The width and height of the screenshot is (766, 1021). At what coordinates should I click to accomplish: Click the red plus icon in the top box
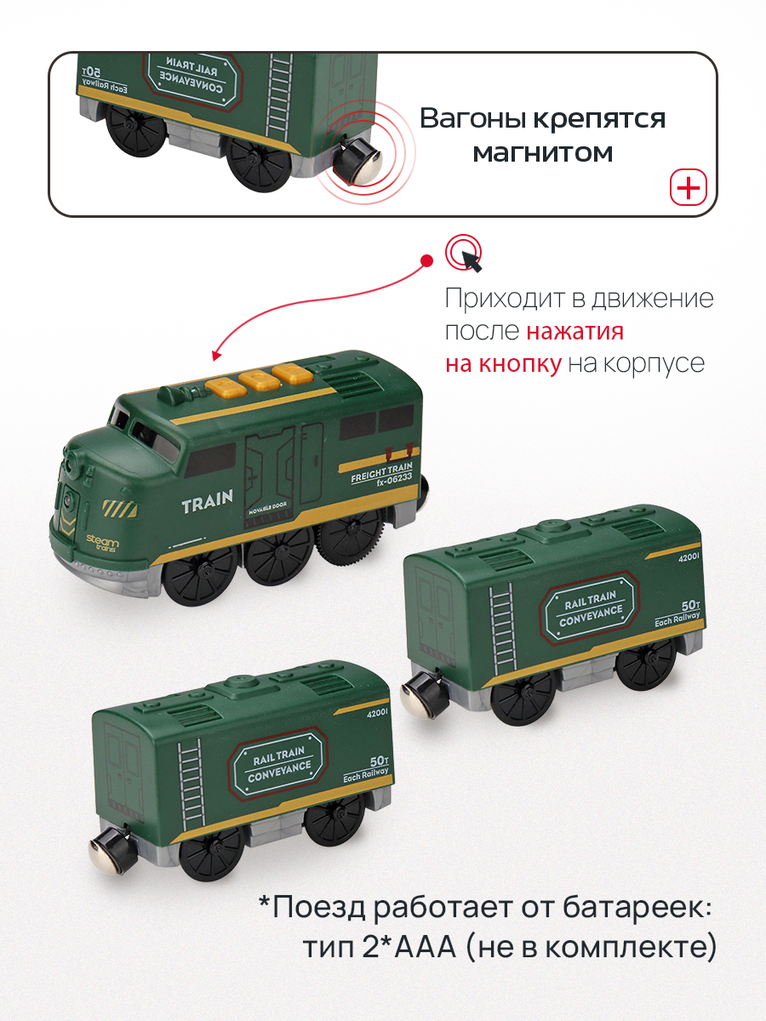(689, 187)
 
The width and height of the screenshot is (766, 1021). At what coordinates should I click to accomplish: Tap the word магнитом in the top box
(542, 153)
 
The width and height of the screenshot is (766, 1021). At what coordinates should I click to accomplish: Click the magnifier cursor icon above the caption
(465, 253)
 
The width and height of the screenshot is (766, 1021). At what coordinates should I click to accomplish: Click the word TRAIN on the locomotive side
(207, 502)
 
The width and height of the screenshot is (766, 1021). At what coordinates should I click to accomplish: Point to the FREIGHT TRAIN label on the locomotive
(381, 471)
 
